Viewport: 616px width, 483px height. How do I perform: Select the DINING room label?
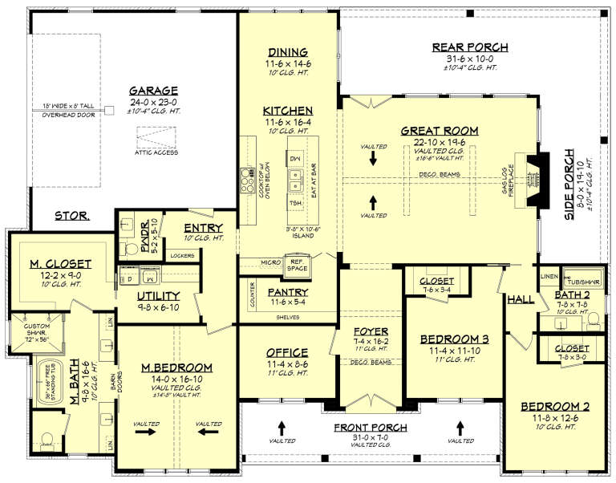[282, 53]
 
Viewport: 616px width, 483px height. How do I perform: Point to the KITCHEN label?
[286, 110]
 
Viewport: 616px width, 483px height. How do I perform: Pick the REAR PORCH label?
[464, 47]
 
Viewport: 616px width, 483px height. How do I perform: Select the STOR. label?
[72, 216]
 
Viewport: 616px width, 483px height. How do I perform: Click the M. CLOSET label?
[61, 263]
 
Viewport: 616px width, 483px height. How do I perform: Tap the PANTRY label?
[286, 292]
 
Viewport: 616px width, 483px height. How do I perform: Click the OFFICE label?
[286, 352]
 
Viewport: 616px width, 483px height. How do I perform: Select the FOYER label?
[371, 331]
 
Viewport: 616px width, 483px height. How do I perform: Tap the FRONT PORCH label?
[371, 428]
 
